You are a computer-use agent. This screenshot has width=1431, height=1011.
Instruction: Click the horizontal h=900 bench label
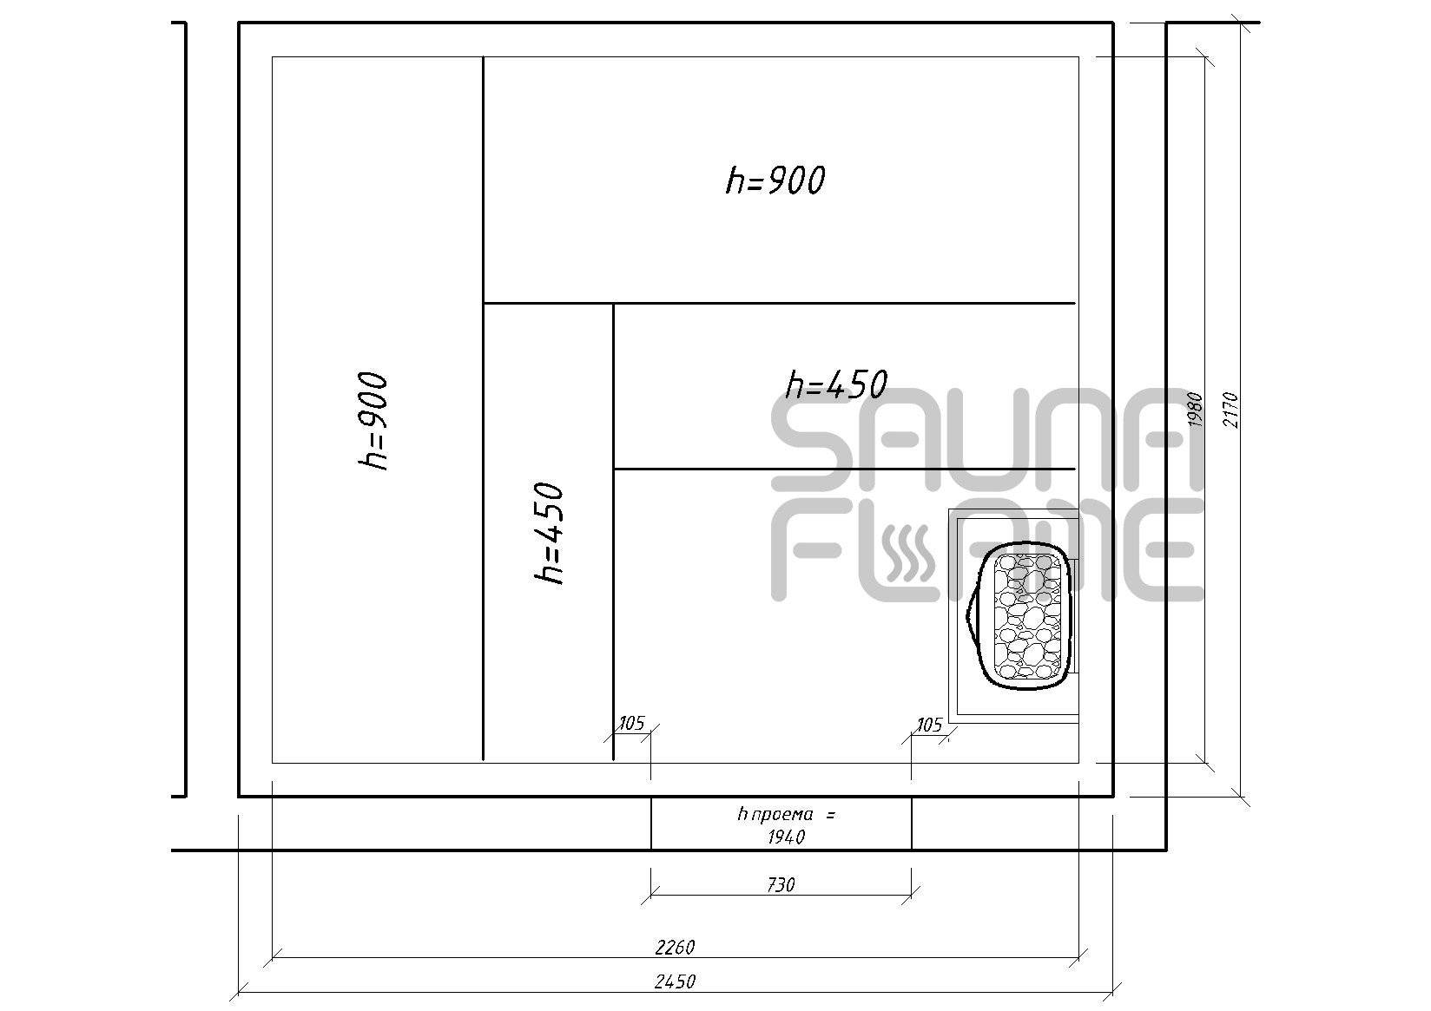point(775,181)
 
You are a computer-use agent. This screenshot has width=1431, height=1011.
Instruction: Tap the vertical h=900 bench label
point(373,422)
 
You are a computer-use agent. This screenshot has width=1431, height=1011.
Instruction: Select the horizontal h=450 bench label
point(836,384)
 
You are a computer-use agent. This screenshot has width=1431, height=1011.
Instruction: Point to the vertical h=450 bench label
point(549,534)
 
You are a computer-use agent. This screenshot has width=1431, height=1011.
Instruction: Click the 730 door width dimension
point(781,884)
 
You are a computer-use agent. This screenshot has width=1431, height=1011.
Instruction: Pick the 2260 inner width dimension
point(675,947)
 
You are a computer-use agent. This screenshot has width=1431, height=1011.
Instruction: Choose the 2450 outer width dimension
point(675,981)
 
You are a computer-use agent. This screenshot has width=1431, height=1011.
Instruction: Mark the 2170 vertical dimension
point(1230,410)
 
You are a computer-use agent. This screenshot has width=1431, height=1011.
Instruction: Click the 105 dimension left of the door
point(632,723)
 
